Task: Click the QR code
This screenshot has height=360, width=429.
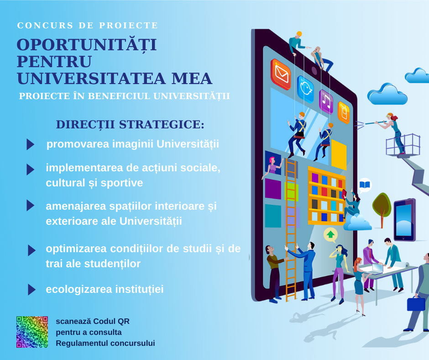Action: (x=32, y=332)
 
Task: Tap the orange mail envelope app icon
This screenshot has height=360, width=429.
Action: (x=281, y=74)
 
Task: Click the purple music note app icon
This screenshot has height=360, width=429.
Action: (x=326, y=101)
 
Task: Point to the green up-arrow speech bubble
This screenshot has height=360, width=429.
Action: (x=330, y=235)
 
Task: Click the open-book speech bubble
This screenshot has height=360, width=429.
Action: (x=365, y=185)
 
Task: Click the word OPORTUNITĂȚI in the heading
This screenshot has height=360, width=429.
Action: (x=87, y=45)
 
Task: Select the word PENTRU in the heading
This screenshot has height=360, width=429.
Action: (x=54, y=62)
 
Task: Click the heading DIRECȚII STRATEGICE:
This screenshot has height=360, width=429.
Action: (x=130, y=124)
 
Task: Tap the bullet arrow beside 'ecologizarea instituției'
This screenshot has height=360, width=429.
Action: (x=32, y=290)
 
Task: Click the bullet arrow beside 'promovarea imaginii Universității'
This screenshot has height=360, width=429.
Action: (x=31, y=144)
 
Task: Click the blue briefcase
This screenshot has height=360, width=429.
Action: (x=416, y=303)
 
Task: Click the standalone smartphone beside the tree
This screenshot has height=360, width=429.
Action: (x=405, y=220)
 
